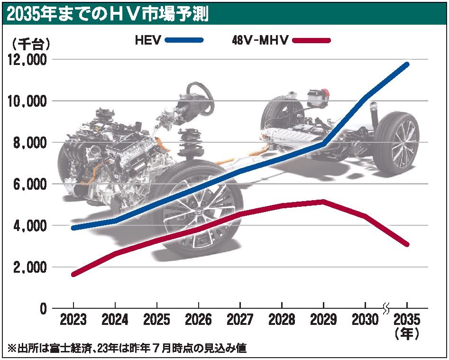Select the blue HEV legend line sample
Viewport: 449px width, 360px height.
coord(184,41)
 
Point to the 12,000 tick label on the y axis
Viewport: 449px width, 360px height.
coord(27,60)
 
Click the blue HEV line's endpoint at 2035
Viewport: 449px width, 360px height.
coord(407,64)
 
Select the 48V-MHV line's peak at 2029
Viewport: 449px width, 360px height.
coord(323,202)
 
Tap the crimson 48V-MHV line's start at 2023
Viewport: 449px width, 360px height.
coord(73,274)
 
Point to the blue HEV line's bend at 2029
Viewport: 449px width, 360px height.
coord(323,143)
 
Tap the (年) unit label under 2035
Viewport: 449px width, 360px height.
coord(407,334)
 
